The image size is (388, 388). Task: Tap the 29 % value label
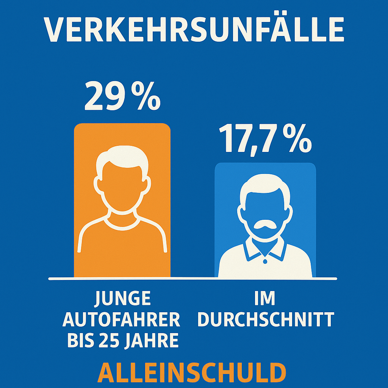tap(122, 97)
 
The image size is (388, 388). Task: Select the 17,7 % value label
tap(265, 139)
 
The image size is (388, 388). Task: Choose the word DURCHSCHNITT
tap(265, 320)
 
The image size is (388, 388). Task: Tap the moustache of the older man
tap(265, 226)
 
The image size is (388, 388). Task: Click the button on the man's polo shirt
tap(265, 261)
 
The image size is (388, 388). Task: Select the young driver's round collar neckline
tap(122, 224)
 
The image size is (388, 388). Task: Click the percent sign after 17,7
tap(297, 140)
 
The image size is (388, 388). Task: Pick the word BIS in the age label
tap(79, 341)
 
